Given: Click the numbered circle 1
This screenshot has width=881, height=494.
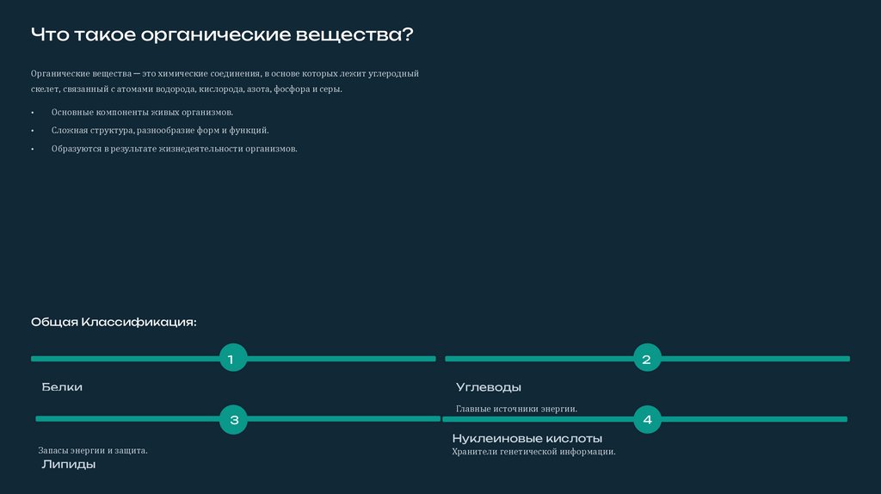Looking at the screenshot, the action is pos(232,358).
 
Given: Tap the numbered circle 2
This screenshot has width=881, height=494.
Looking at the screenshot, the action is pos(647,359).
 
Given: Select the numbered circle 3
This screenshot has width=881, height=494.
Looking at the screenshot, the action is pos(233,420).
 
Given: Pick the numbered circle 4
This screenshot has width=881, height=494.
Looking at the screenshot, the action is pos(647,420).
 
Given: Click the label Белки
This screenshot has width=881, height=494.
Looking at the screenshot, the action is pos(62,387).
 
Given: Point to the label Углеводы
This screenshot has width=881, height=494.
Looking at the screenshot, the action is pos(488,387).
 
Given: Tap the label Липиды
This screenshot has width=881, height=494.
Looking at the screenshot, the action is pos(69,465).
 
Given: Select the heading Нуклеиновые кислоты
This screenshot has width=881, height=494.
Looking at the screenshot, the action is pos(527,439).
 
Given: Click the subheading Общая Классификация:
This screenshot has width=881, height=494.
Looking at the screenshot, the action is pos(114,322).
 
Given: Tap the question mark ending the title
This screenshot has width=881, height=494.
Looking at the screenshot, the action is pos(406,35).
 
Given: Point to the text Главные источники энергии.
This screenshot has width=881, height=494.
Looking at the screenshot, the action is pos(516,409).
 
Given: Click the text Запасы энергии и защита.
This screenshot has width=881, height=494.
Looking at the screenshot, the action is pos(93,450).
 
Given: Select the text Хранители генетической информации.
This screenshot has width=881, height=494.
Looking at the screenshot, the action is pos(533,451).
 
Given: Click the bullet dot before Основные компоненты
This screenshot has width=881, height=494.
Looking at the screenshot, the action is pos(33,113).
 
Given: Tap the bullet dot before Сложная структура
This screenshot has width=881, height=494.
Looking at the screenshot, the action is pos(33,131).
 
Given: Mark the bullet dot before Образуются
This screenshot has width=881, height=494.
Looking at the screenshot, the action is pos(33,149).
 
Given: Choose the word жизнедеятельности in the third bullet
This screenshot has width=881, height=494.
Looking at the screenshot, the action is pos(201,149).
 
